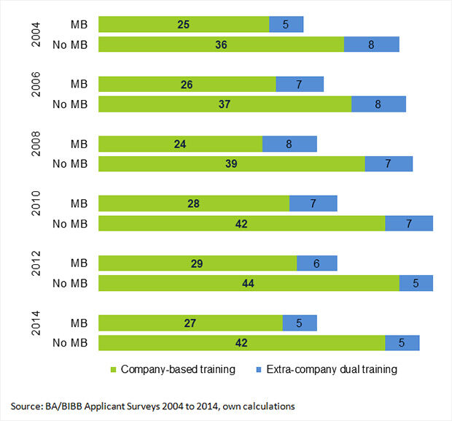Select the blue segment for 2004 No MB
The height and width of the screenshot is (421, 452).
[371, 45]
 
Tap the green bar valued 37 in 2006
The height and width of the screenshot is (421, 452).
[225, 104]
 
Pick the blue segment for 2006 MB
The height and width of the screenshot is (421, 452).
[300, 84]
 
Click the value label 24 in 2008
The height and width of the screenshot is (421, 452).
[180, 144]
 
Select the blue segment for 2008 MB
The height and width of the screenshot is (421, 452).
[289, 144]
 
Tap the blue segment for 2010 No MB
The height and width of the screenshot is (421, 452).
[409, 224]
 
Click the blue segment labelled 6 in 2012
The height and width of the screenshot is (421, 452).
[317, 263]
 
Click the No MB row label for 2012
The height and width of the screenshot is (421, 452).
[70, 283]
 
